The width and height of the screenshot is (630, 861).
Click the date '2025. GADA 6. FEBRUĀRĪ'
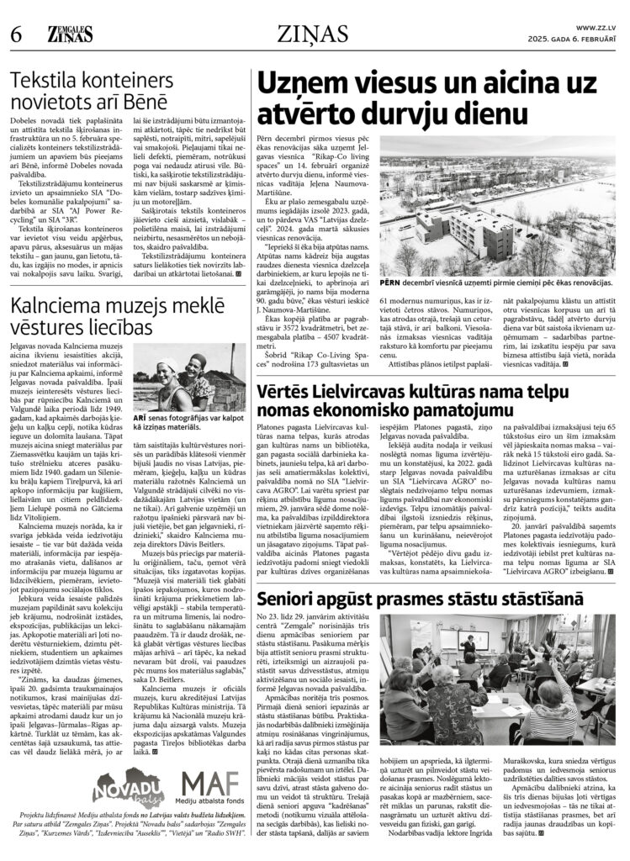pyautogui.click(x=579, y=39)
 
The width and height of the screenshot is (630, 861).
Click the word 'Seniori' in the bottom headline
pyautogui.click(x=289, y=622)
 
